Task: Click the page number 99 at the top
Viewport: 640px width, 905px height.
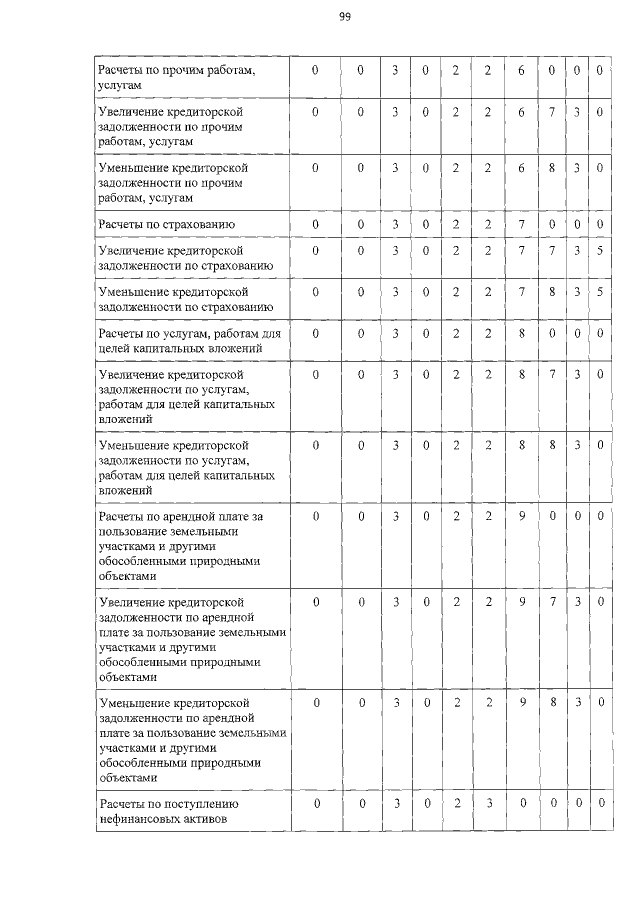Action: coord(344,17)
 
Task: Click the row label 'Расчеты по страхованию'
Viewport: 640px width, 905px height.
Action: coord(165,222)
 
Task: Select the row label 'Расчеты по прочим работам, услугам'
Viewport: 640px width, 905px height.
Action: coord(170,79)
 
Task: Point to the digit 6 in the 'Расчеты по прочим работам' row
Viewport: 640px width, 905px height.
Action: coord(521,71)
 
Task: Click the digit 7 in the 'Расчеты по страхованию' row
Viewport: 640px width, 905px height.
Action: coord(521,222)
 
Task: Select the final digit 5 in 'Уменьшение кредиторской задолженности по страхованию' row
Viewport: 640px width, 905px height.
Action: coord(599,291)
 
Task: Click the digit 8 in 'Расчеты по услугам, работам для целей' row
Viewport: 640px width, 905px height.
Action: coord(521,332)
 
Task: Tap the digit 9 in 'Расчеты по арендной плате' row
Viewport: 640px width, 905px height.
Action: coord(521,516)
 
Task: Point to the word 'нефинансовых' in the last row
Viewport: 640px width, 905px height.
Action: coord(138,819)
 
